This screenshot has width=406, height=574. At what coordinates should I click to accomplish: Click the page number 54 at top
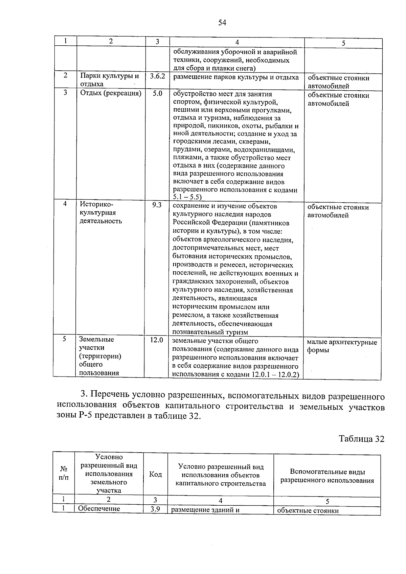(x=222, y=23)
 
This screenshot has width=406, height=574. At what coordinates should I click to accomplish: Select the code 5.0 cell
(x=157, y=93)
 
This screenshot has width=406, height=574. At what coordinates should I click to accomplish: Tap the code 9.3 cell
(x=157, y=205)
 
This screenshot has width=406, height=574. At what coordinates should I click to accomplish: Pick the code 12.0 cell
(x=156, y=340)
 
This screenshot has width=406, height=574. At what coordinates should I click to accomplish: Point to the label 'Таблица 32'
(x=362, y=439)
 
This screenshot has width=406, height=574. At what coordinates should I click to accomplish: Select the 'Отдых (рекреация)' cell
(x=111, y=93)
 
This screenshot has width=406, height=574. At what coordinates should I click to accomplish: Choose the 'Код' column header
(x=155, y=475)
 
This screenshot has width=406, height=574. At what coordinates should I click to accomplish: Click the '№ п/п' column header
(x=64, y=473)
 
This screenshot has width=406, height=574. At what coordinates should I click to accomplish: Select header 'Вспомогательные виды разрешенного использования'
(x=327, y=476)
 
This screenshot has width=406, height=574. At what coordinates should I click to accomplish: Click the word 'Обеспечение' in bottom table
(x=99, y=509)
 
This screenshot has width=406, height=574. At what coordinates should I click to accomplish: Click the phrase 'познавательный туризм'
(x=210, y=332)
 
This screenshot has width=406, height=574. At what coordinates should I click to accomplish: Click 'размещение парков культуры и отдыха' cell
(x=236, y=77)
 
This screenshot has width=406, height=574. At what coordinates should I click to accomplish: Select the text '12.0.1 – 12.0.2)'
(x=277, y=374)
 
